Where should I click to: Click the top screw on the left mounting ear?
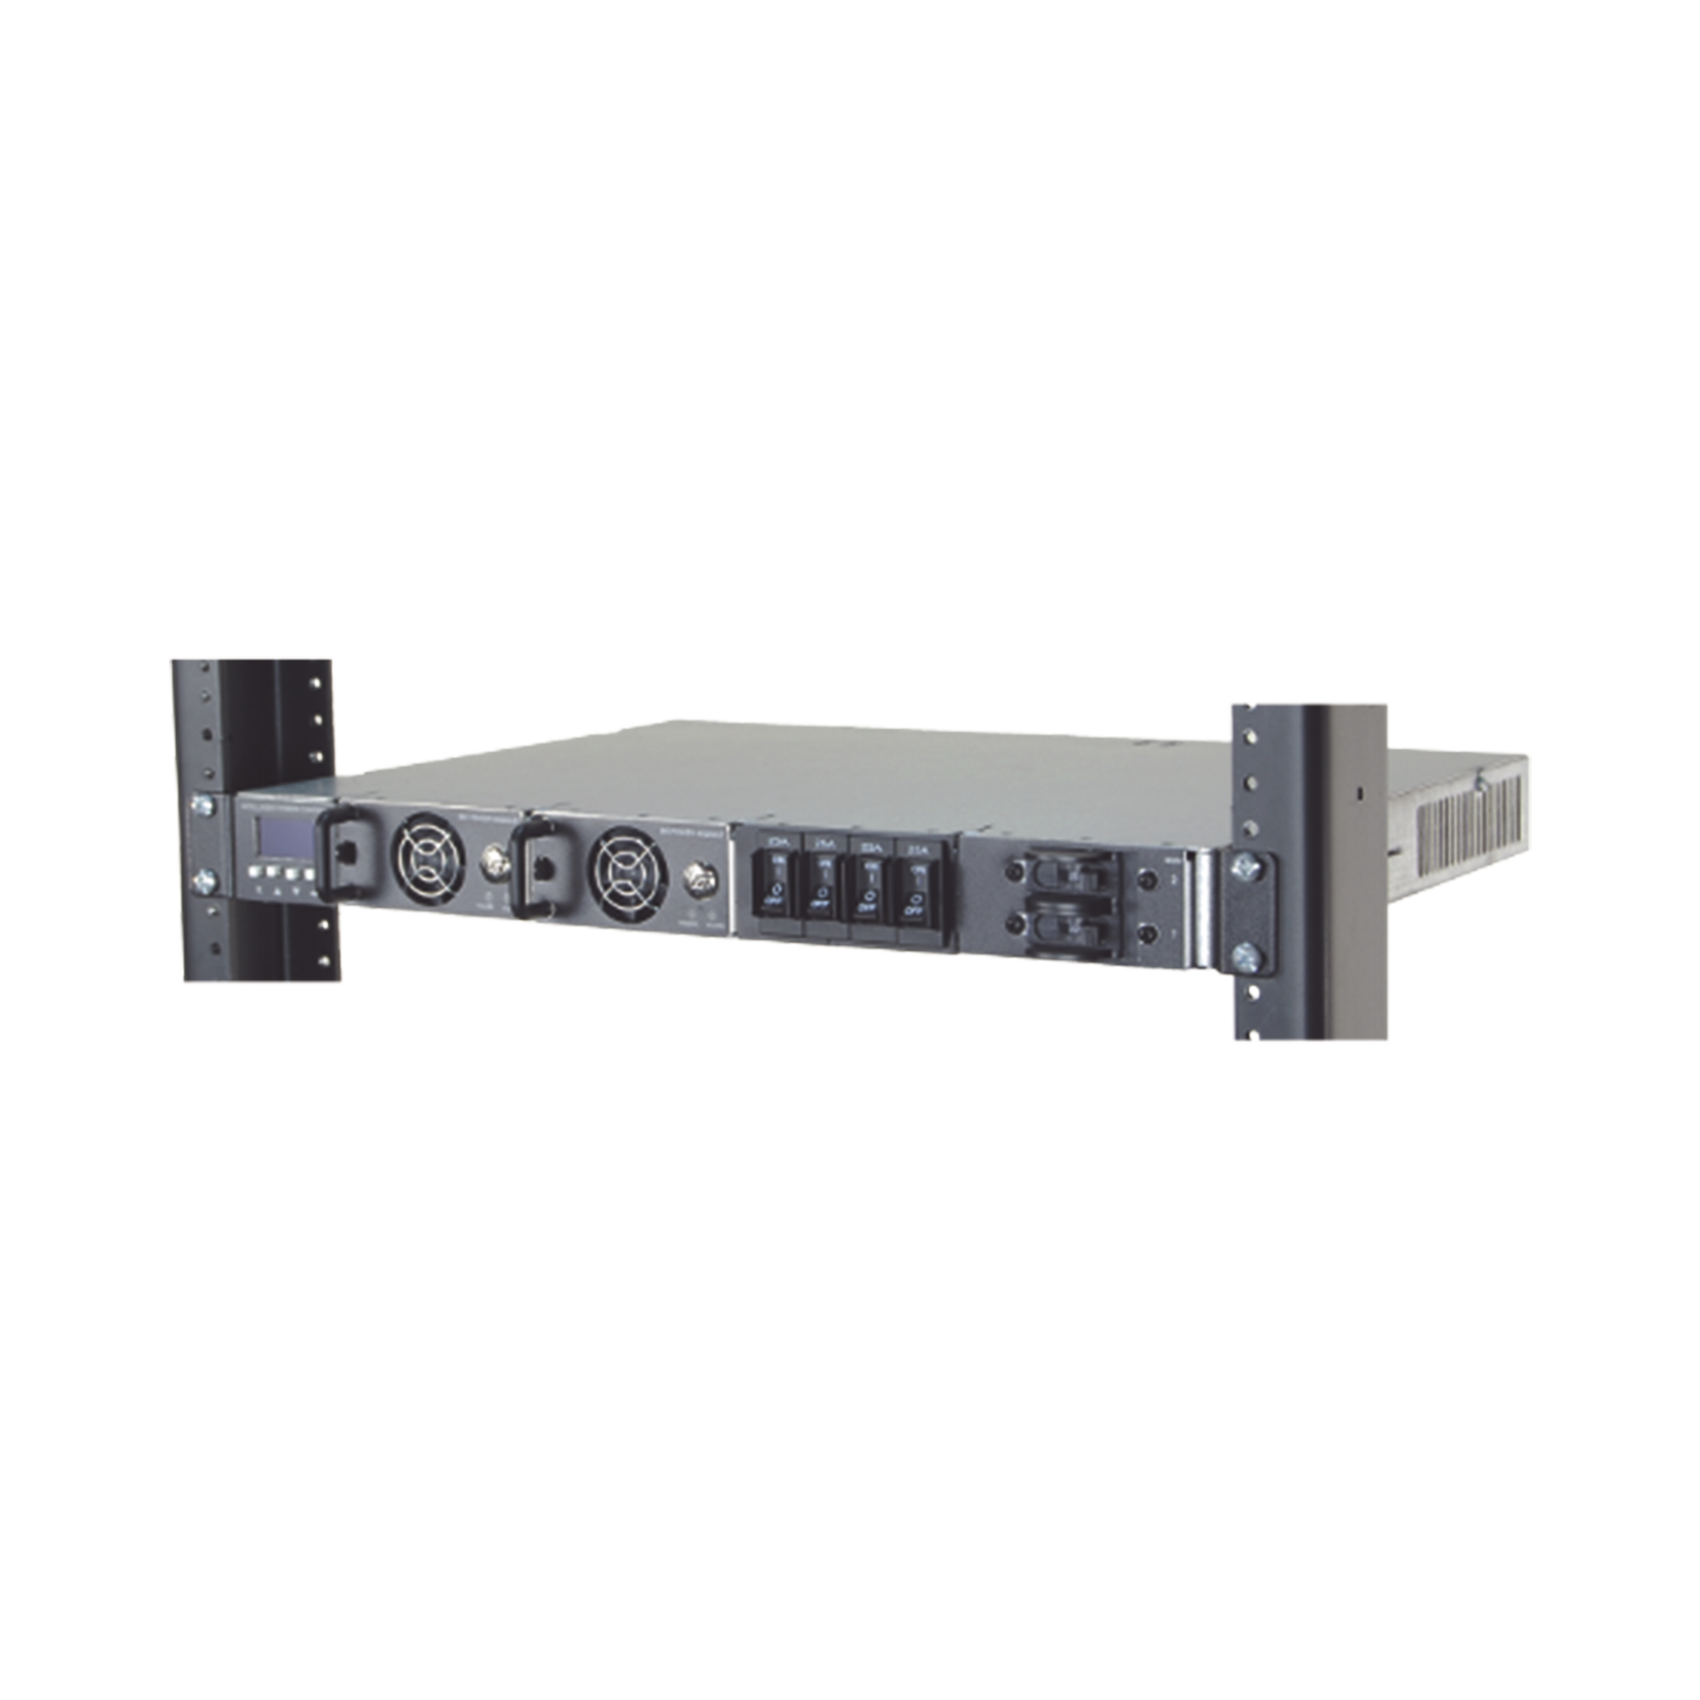click(203, 802)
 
